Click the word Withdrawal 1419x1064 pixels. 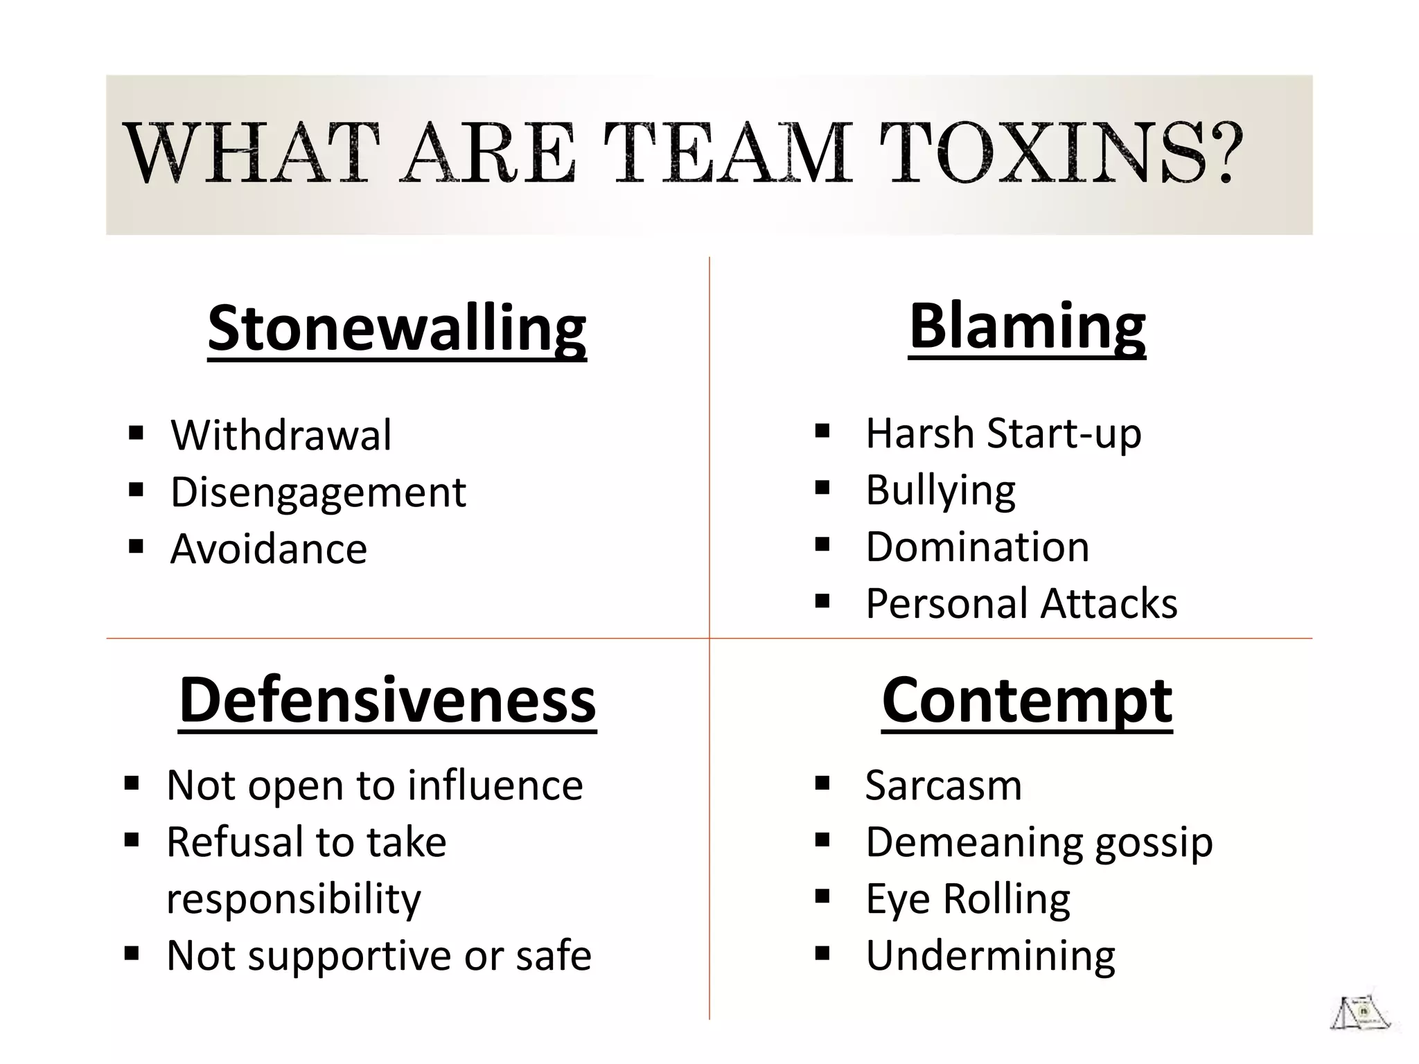click(281, 435)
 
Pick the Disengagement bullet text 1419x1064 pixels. click(318, 492)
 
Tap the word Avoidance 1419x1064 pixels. click(269, 549)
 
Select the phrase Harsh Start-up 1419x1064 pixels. click(1003, 434)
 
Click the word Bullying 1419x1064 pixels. click(940, 490)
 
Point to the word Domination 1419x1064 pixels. click(977, 547)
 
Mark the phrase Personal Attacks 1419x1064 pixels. click(1021, 603)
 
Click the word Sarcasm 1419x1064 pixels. click(943, 786)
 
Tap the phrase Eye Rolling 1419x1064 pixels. click(967, 899)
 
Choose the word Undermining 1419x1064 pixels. click(990, 956)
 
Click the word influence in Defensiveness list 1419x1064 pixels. click(495, 786)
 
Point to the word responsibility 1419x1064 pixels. click(294, 899)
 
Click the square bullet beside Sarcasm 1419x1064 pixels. click(822, 784)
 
